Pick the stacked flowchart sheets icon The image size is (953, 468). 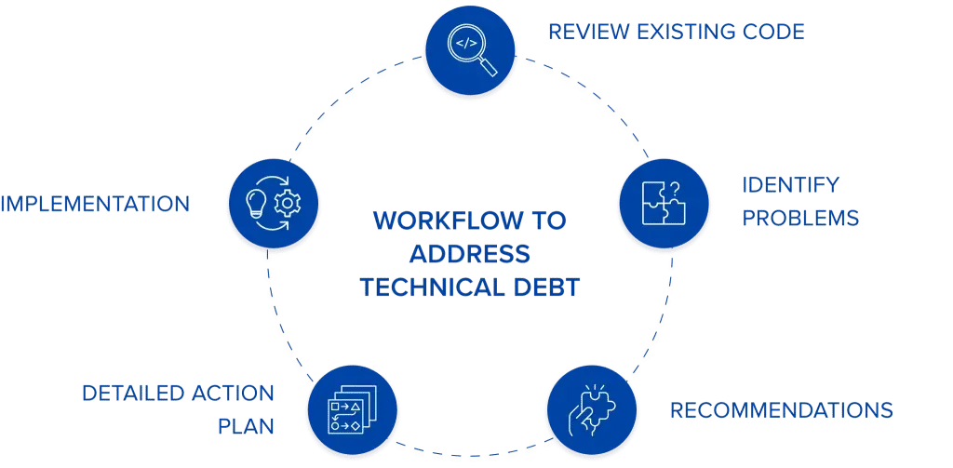(353, 410)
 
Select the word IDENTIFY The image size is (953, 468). (790, 184)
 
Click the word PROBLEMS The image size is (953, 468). (799, 219)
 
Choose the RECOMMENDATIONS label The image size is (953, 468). (782, 409)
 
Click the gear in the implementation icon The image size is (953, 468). (289, 203)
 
